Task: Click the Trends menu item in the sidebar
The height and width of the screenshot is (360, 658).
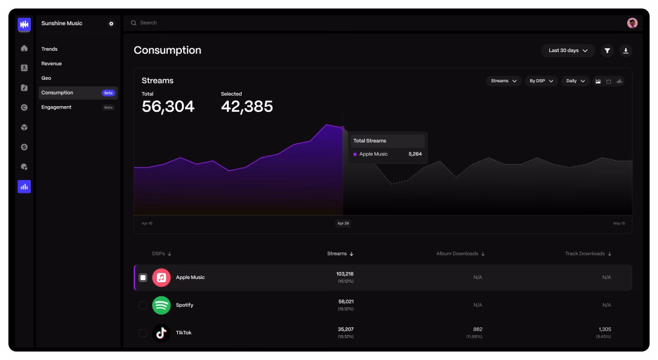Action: (49, 49)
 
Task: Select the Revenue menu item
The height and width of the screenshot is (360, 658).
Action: (51, 64)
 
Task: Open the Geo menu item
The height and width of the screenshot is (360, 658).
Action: (46, 78)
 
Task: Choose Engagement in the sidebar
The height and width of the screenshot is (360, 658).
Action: (57, 107)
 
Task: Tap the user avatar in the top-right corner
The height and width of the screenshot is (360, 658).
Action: (632, 22)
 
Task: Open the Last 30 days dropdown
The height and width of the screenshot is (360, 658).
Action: (568, 50)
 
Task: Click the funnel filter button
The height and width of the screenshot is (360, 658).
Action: (607, 50)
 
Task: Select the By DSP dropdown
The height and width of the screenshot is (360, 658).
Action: (541, 81)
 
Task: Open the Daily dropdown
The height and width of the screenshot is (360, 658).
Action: (575, 81)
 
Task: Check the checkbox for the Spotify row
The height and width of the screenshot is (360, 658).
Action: (143, 305)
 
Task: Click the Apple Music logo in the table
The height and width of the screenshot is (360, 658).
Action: (161, 278)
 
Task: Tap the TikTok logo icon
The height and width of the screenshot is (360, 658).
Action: (161, 332)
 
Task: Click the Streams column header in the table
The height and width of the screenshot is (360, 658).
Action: (340, 254)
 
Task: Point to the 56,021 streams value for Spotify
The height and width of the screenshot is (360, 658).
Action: (346, 301)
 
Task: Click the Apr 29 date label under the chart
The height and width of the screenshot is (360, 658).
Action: (342, 223)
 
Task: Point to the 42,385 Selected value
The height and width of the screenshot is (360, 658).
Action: (247, 107)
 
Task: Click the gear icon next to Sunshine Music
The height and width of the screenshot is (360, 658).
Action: (111, 24)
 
